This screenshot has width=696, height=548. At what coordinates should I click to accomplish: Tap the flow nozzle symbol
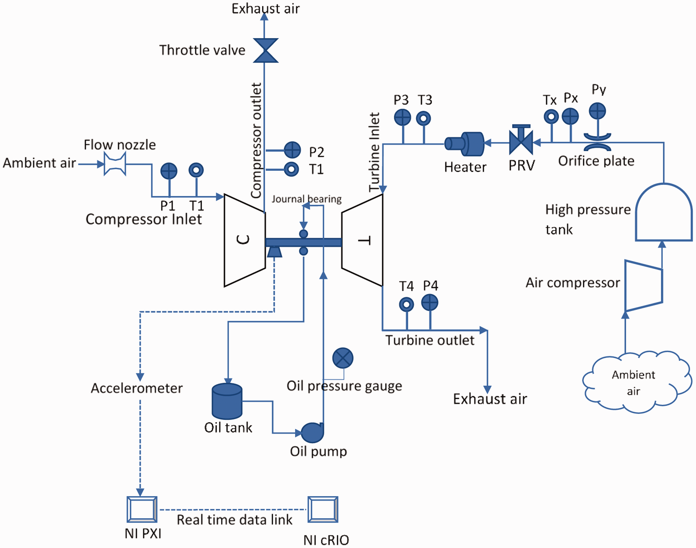tap(115, 164)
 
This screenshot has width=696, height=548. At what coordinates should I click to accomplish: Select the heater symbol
tap(464, 144)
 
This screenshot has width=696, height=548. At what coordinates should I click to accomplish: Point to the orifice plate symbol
tap(597, 142)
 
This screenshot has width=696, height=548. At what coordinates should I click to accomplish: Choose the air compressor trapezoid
tap(643, 286)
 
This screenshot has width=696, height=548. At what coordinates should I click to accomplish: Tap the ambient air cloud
tap(637, 382)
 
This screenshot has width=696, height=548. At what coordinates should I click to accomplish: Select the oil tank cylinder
tap(227, 401)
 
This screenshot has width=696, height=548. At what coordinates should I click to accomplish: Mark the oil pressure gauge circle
tap(343, 358)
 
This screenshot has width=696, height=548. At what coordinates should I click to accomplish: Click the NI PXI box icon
tap(142, 510)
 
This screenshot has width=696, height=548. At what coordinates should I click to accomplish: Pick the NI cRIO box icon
tap(323, 510)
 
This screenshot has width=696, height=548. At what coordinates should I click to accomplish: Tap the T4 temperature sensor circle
tap(406, 304)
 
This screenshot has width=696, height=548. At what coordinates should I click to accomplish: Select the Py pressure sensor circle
tap(597, 111)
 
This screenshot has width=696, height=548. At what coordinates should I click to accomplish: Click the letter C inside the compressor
tap(243, 239)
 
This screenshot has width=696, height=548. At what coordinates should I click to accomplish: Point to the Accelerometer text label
tap(137, 388)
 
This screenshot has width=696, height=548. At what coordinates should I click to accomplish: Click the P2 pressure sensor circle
tap(292, 150)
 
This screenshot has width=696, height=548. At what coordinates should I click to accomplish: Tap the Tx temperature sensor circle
tap(551, 116)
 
